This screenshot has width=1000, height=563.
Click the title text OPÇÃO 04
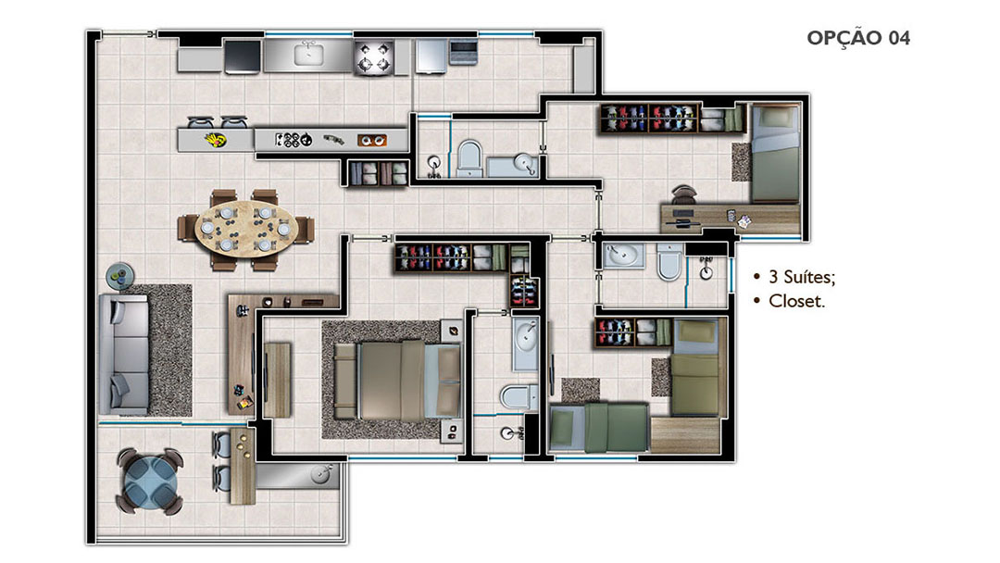click(x=857, y=38)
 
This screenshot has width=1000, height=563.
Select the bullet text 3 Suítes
click(x=802, y=277)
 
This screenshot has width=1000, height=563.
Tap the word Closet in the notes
click(x=796, y=301)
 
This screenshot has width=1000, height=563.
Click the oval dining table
click(x=246, y=229)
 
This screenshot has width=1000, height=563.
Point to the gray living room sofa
click(x=124, y=355)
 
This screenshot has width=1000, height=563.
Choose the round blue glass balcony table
click(x=149, y=480)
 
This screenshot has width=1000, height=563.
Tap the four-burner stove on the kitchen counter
click(x=374, y=56)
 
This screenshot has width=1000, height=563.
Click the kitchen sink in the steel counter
click(x=308, y=55)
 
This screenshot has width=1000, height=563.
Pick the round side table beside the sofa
click(x=119, y=276)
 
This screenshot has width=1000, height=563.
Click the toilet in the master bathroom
click(x=519, y=396)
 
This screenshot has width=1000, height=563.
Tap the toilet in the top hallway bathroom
click(x=469, y=156)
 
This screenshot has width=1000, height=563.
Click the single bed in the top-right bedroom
click(x=774, y=153)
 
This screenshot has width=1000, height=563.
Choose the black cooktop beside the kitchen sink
click(x=243, y=56)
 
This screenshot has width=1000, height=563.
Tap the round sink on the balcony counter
click(x=320, y=475)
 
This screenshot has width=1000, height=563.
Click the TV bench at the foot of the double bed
click(x=278, y=380)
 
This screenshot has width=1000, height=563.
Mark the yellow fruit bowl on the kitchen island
click(x=215, y=140)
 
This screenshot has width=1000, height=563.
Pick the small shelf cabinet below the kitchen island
click(x=378, y=173)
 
